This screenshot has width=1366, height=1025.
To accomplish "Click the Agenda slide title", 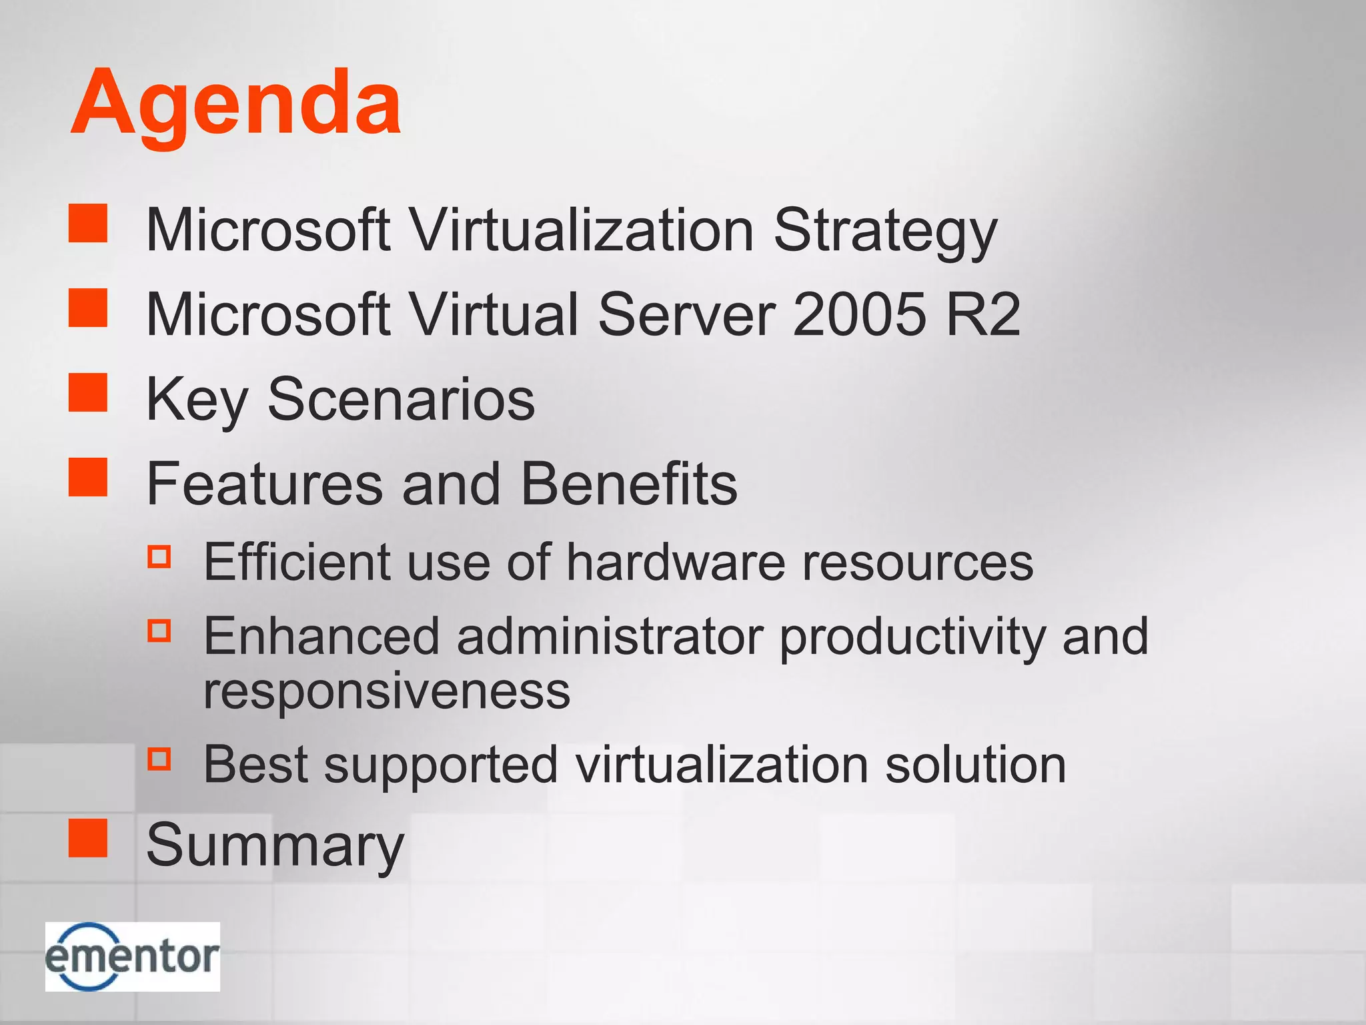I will click(x=236, y=103).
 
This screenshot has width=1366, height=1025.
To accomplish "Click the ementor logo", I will click(x=132, y=956).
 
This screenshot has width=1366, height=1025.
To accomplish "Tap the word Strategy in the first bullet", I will click(x=884, y=231).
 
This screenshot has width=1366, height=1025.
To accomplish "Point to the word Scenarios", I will click(x=401, y=399).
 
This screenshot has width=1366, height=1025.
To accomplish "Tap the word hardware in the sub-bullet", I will click(x=676, y=562).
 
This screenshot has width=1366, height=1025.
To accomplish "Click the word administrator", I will click(x=610, y=636).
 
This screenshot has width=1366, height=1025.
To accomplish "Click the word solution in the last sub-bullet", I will click(x=975, y=764).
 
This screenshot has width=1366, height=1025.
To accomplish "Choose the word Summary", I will click(x=275, y=845).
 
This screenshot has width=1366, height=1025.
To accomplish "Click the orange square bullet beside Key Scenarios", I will click(x=88, y=392).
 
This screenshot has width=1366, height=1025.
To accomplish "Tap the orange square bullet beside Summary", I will click(x=88, y=838).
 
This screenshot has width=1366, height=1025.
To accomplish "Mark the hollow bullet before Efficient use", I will click(x=159, y=557).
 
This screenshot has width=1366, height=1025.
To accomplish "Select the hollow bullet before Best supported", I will click(x=159, y=759).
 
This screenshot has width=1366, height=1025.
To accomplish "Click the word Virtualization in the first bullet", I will click(x=581, y=231).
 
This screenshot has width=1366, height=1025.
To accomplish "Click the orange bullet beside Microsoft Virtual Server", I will click(x=88, y=308).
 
